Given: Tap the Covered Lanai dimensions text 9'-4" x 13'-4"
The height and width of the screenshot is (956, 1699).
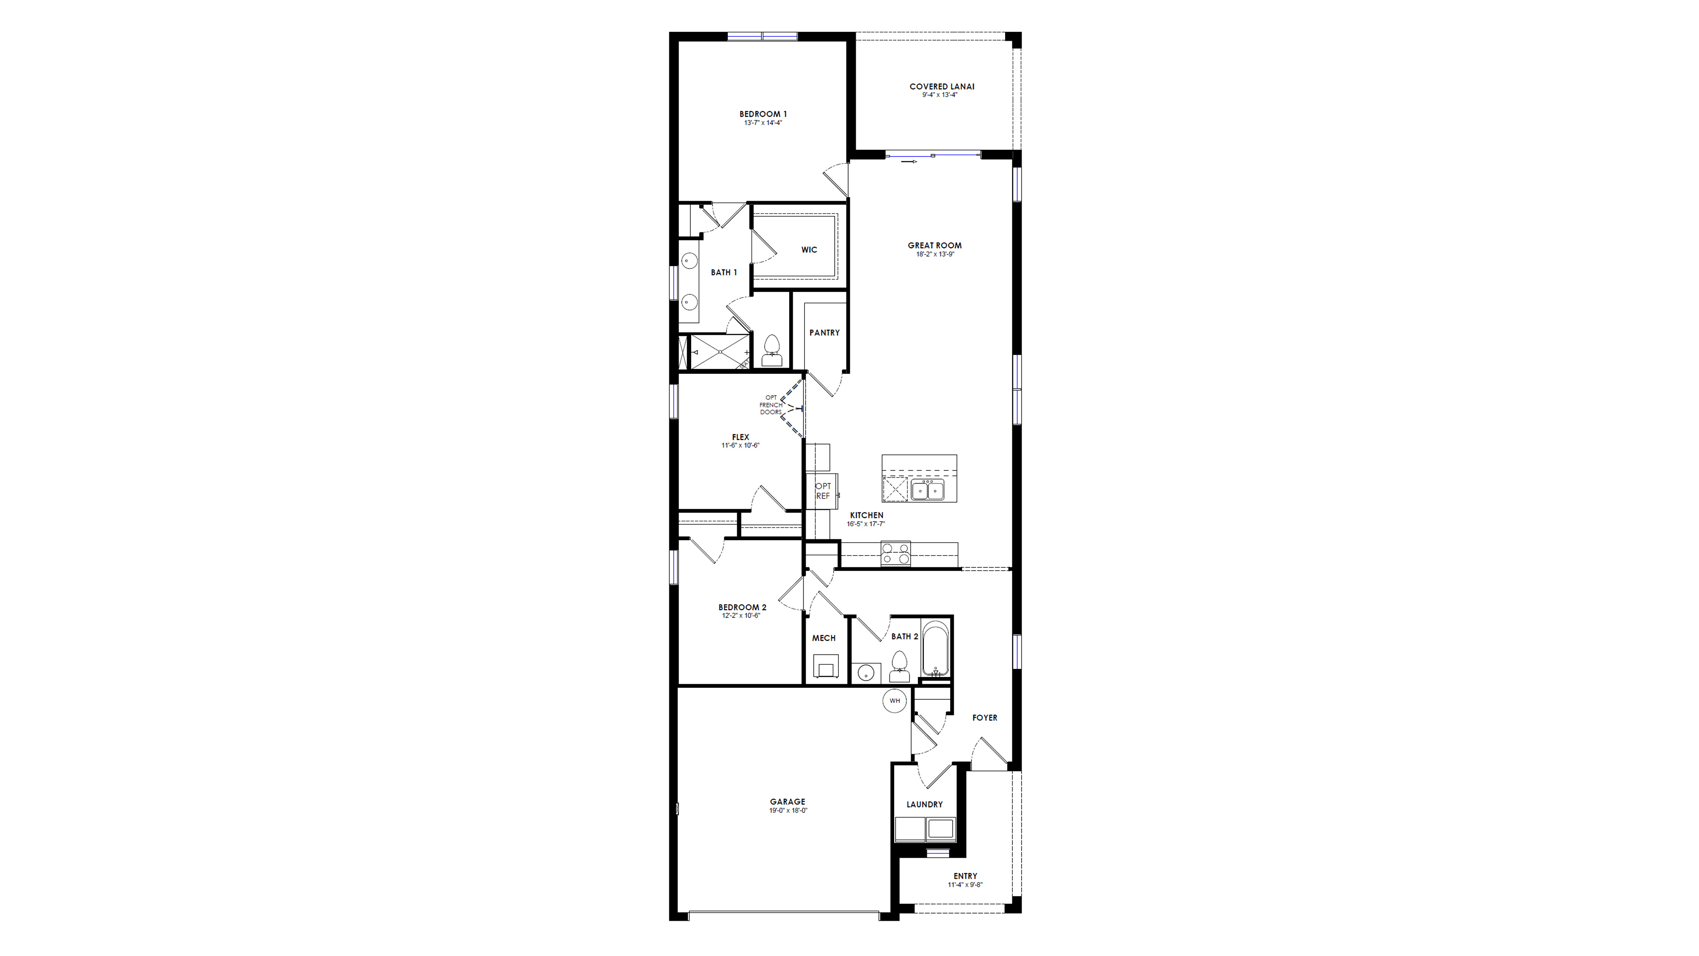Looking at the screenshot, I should (939, 95).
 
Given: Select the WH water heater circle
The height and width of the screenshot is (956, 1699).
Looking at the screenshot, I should (894, 701).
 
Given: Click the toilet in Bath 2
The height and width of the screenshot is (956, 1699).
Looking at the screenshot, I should (899, 666).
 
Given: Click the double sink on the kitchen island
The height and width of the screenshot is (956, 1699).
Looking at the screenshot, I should (927, 490).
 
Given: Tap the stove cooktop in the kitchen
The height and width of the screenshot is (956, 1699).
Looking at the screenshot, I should (895, 554).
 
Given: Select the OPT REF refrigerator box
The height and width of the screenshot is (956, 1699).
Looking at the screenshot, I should (823, 491).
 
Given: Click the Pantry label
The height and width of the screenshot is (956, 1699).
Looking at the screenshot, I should (824, 333).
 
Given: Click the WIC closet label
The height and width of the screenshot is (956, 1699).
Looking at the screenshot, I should (809, 250).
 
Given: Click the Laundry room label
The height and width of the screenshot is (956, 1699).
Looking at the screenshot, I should (924, 804).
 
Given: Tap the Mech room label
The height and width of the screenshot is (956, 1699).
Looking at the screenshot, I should (823, 638).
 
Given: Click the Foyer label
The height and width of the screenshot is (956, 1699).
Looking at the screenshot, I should (984, 718).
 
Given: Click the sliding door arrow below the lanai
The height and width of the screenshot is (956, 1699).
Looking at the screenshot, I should (910, 161).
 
